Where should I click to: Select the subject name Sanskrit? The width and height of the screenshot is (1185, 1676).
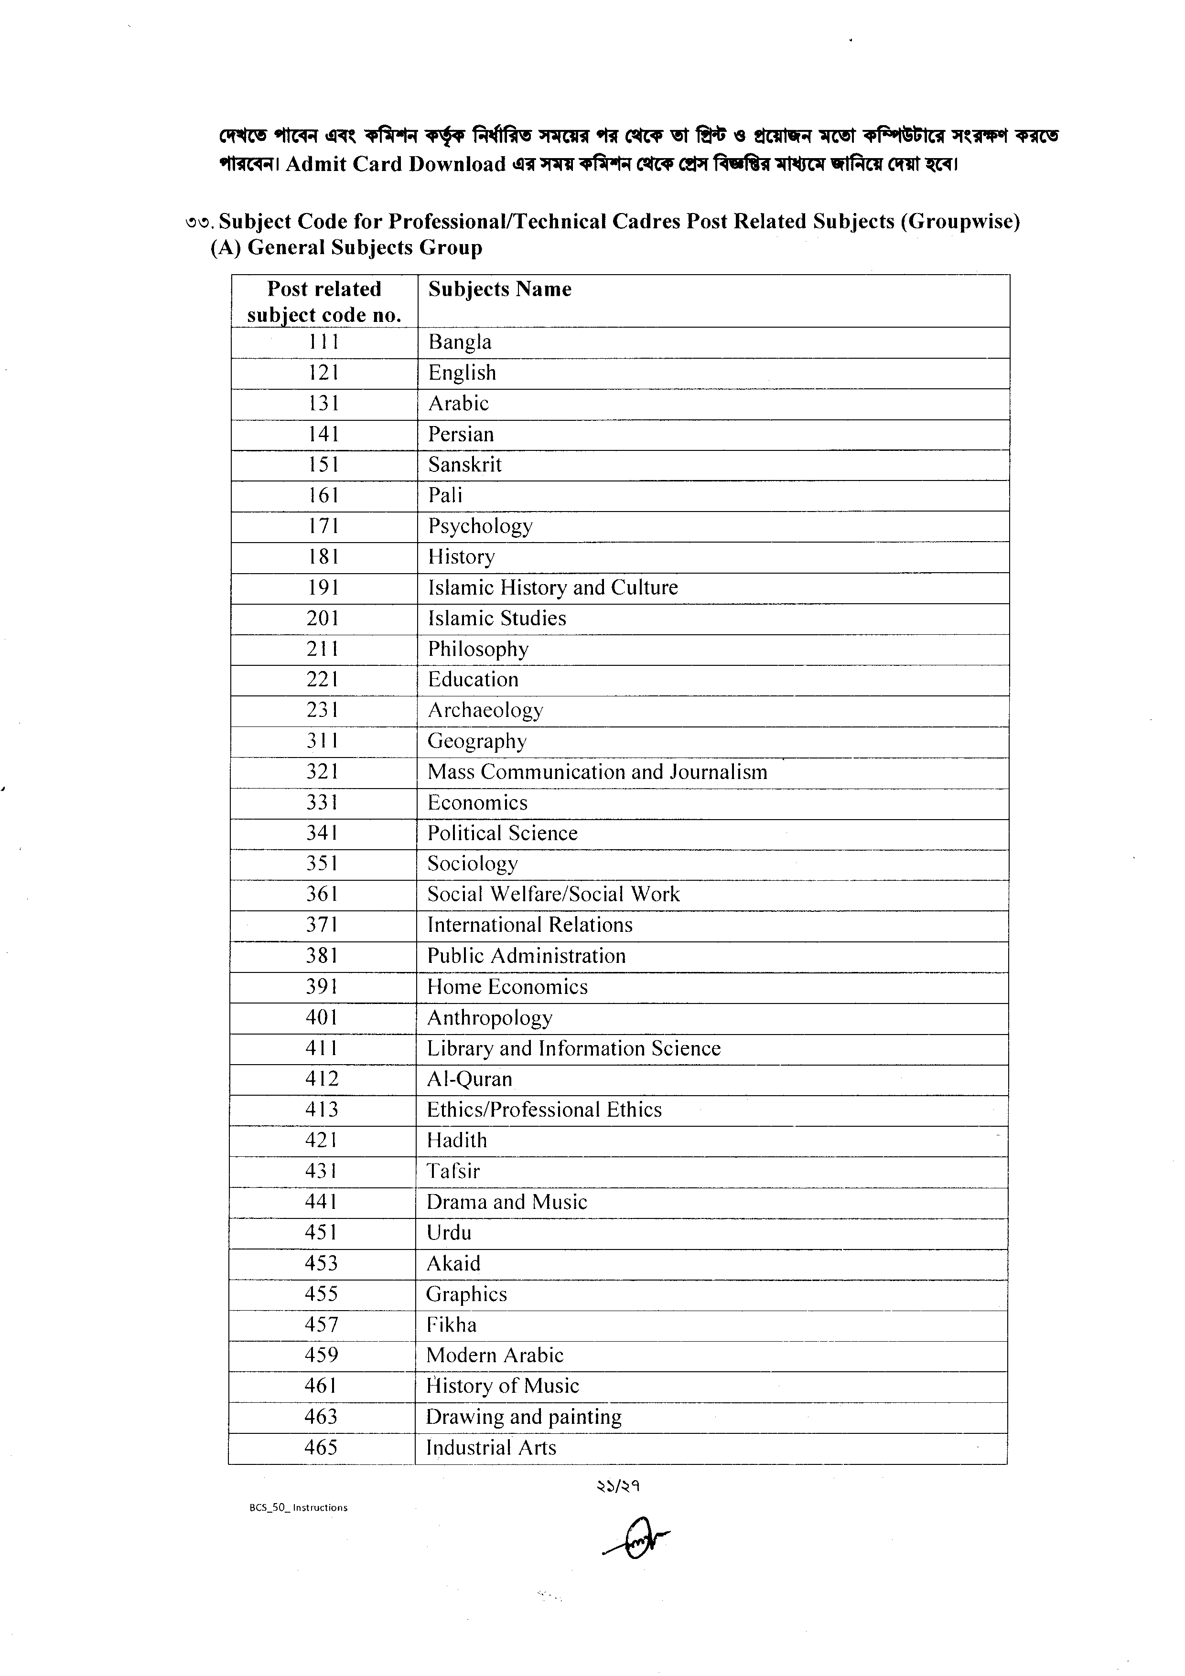[464, 465]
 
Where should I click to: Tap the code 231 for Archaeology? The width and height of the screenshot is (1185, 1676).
[323, 710]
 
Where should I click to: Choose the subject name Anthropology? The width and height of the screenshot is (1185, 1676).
[489, 1017]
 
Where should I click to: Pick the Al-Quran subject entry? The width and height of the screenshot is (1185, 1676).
[470, 1079]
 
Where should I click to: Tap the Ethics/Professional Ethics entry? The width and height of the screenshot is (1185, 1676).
[544, 1110]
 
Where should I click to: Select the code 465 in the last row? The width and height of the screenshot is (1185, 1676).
[321, 1448]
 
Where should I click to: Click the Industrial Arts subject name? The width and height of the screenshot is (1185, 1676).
[491, 1448]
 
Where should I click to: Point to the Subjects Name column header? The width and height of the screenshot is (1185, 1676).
[499, 290]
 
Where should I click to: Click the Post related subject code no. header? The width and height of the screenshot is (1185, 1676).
[324, 301]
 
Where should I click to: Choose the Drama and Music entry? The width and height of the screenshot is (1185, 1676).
[506, 1202]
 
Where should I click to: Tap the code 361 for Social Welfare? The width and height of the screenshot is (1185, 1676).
[322, 894]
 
